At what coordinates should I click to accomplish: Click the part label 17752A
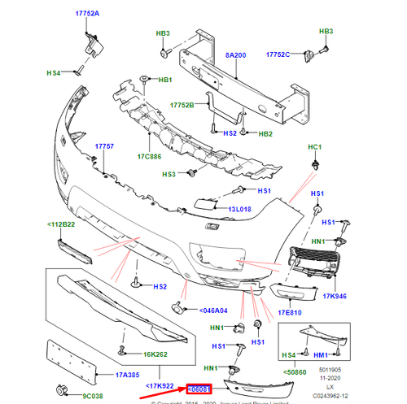coord(87,14)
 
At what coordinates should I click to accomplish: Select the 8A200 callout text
coord(235,56)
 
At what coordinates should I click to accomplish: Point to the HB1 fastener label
coord(165,80)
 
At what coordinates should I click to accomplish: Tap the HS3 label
coord(169,174)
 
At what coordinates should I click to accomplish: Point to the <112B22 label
coord(60,225)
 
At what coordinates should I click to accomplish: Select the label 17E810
coord(289,311)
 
